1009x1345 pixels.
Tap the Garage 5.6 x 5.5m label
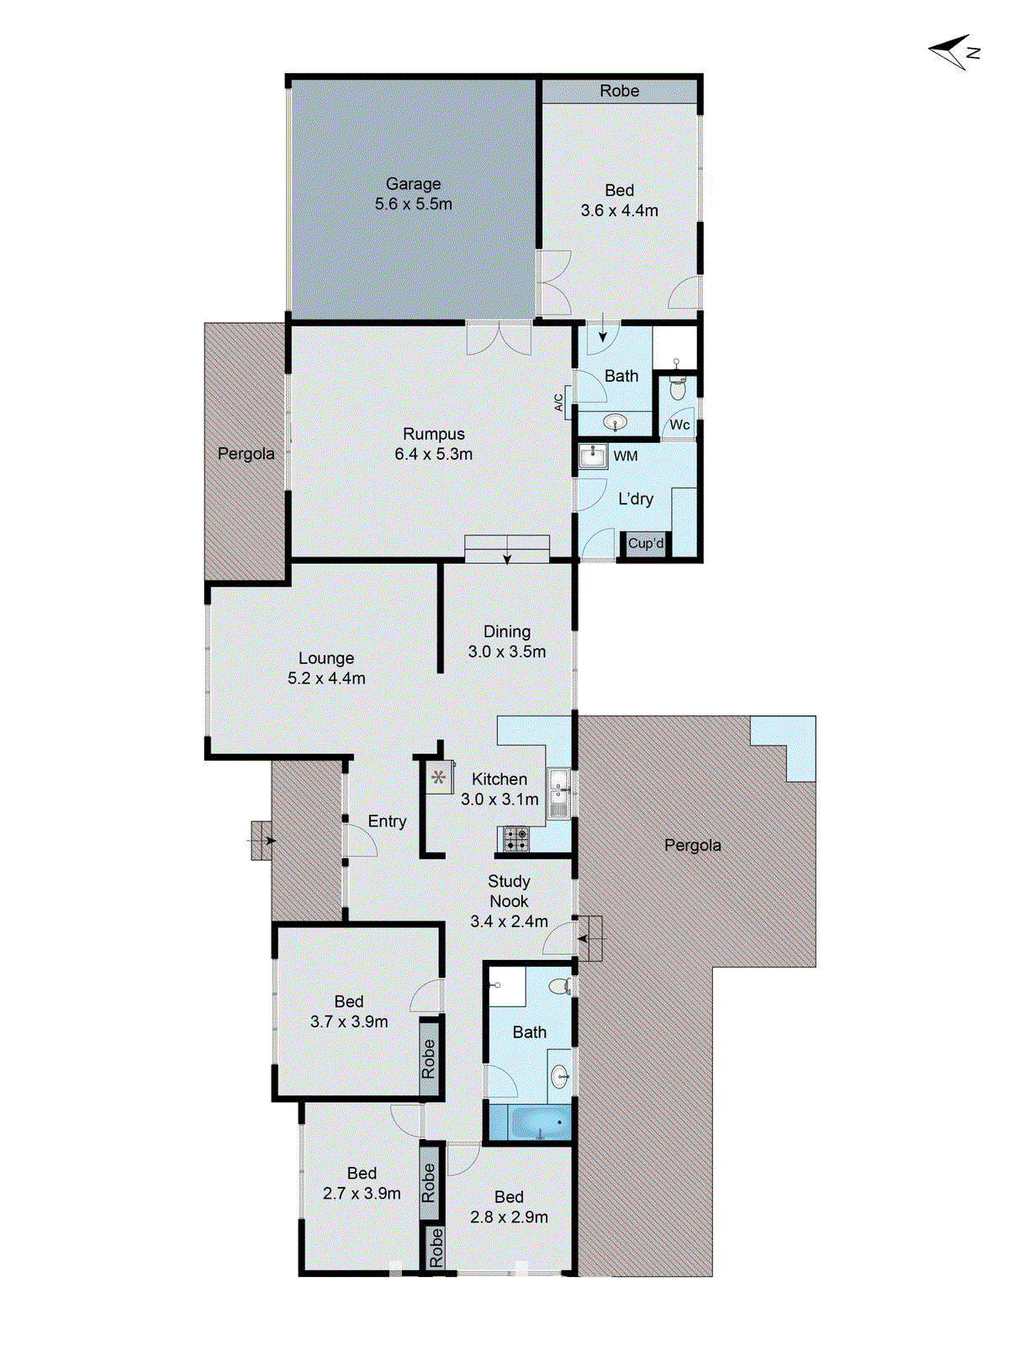(x=413, y=194)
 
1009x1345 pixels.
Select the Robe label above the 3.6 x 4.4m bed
(x=619, y=91)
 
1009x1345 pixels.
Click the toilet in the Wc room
(x=678, y=389)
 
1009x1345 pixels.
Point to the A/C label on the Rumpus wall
(x=559, y=403)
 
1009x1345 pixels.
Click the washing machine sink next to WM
(x=594, y=456)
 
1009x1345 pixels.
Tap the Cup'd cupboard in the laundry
(x=645, y=544)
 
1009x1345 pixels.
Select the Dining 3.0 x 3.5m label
(x=507, y=641)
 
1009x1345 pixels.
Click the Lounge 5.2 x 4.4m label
(x=326, y=668)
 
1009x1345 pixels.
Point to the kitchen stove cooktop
(x=515, y=838)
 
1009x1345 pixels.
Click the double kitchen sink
(x=558, y=793)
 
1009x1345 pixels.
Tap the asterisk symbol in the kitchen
(x=439, y=778)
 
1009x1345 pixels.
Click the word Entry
(x=387, y=821)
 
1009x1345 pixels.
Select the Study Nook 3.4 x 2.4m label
(x=509, y=901)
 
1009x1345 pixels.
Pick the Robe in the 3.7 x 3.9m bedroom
(x=429, y=1058)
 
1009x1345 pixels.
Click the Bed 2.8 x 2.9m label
(x=509, y=1206)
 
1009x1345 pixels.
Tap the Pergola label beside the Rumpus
(x=246, y=454)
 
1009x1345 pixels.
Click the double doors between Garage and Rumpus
(x=499, y=338)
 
